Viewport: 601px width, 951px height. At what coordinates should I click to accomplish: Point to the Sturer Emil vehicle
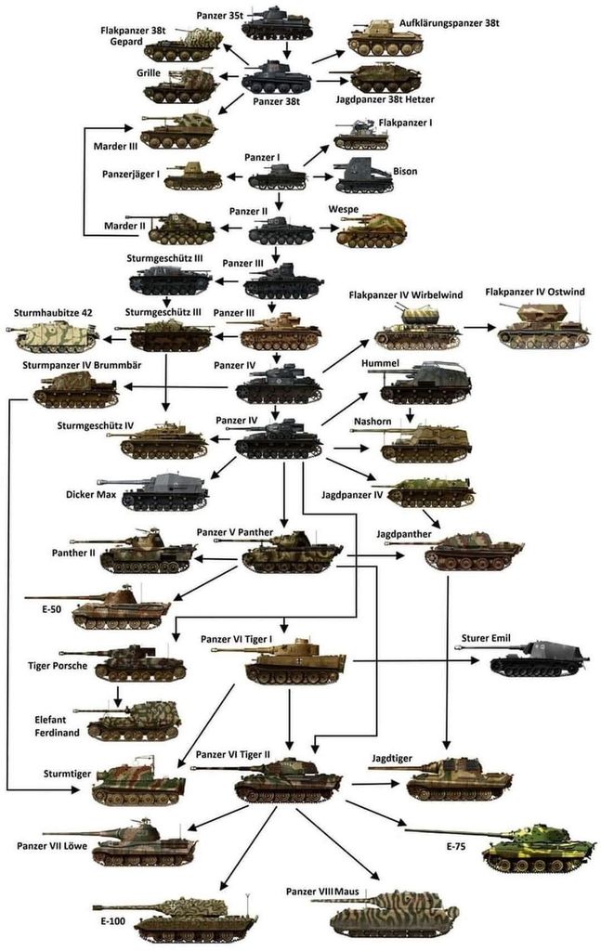pyautogui.click(x=539, y=658)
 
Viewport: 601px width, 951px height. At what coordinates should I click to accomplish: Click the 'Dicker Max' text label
pyautogui.click(x=91, y=494)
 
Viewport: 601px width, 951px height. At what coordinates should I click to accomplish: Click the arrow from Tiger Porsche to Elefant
pyautogui.click(x=118, y=695)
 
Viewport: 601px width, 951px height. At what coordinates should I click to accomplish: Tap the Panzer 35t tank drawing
pyautogui.click(x=276, y=22)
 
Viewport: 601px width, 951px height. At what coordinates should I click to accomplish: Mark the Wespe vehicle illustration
pyautogui.click(x=372, y=229)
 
